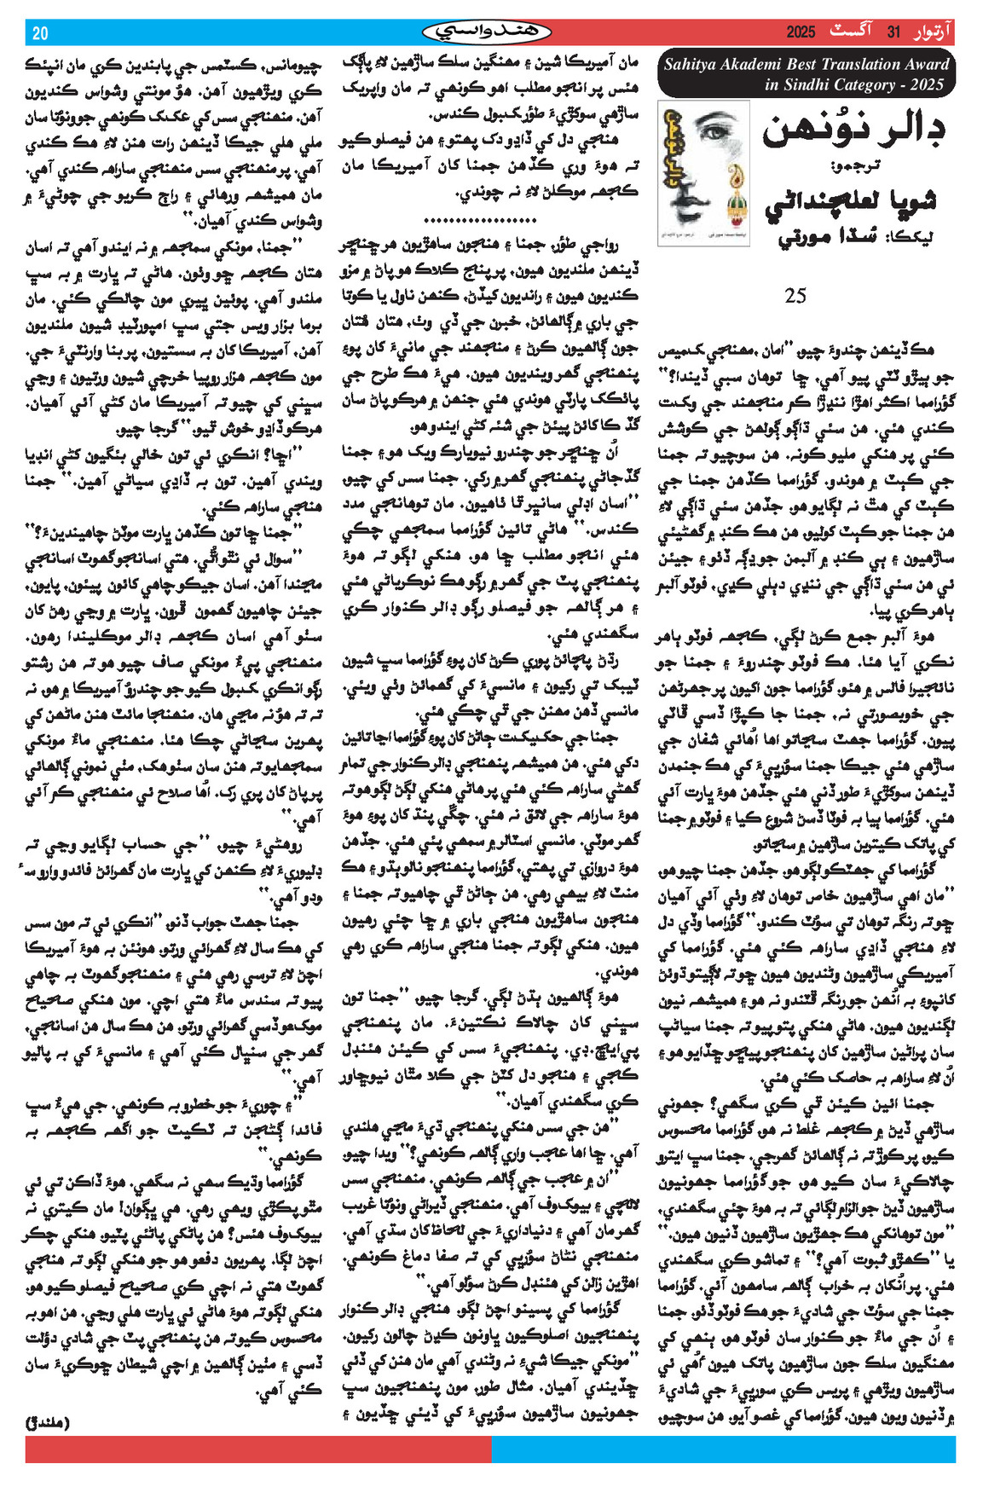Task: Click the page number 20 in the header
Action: click(40, 33)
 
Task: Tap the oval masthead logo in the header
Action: click(487, 32)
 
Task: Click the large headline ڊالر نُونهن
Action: click(853, 131)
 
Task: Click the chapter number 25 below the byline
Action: click(795, 296)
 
